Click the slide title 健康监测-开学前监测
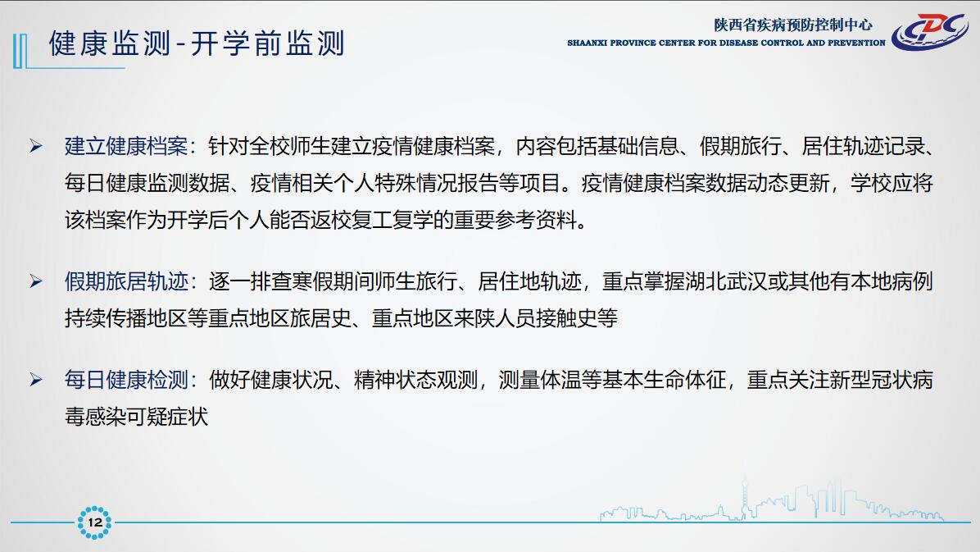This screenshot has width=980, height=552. click(197, 43)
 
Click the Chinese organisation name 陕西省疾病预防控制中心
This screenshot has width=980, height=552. click(793, 25)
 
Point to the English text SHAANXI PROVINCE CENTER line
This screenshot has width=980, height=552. click(726, 43)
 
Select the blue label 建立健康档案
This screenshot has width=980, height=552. click(126, 147)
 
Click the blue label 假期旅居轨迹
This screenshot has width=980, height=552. click(126, 281)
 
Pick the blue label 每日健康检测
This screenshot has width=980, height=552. click(126, 380)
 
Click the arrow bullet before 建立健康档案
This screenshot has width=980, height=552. click(36, 147)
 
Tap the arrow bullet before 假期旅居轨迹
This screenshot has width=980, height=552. click(36, 281)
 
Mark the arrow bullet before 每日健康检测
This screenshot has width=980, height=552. click(36, 380)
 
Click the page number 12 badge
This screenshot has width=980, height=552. click(94, 522)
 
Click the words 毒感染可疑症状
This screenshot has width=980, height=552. click(136, 417)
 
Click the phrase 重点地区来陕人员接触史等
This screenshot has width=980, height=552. click(495, 318)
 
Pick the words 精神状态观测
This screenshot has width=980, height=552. click(415, 380)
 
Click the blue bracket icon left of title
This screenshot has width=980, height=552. click(20, 51)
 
